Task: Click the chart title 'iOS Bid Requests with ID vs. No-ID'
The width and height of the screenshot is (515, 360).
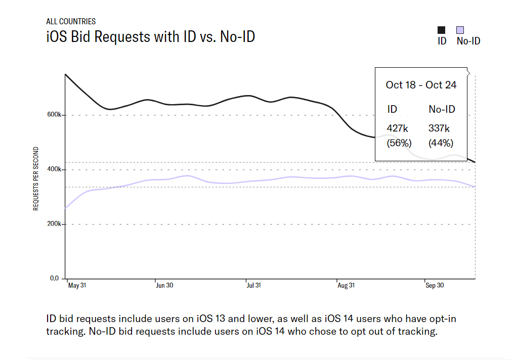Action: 150,36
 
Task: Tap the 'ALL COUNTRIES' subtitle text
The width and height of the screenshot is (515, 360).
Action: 71,22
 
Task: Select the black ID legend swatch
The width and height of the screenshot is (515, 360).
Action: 442,30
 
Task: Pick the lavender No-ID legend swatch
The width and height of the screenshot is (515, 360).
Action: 460,30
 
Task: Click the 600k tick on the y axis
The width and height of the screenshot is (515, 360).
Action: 54,115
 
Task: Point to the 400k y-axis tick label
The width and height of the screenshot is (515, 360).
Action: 54,169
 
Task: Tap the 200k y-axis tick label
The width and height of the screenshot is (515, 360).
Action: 54,224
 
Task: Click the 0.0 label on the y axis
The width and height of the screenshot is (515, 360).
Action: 55,279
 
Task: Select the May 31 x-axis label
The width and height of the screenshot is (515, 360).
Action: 77,286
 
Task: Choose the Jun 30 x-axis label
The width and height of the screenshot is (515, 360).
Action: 164,286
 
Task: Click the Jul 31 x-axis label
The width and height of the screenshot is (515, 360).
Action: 253,286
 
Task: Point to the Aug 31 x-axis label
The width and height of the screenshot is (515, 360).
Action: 346,286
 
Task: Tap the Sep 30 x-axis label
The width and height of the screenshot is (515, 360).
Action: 435,286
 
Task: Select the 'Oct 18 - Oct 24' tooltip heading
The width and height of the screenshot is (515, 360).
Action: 421,85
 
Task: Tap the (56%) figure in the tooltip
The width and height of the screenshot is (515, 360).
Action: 398,143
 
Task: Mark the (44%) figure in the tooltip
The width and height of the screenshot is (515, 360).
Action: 441,143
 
